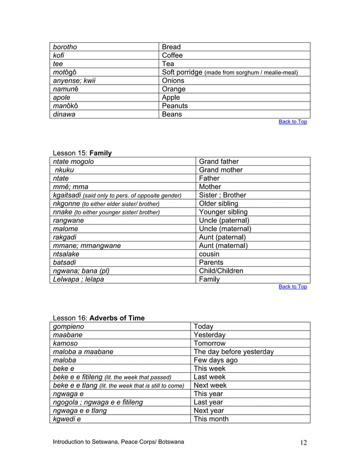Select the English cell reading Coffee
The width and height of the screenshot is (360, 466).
tap(172, 55)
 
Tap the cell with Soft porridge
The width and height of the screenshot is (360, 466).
tap(229, 72)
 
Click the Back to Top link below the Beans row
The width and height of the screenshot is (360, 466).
tap(293, 122)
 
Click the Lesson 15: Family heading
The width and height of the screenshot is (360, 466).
tap(82, 153)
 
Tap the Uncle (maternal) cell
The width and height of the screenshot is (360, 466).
tap(225, 229)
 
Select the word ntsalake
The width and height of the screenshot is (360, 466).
tap(65, 254)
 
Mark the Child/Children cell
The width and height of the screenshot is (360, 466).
tap(221, 271)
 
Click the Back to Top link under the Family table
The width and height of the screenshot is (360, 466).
tap(293, 287)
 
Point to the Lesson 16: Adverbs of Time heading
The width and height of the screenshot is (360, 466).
tap(98, 318)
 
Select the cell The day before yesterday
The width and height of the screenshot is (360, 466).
tap(234, 351)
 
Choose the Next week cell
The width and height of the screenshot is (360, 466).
tap(210, 385)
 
